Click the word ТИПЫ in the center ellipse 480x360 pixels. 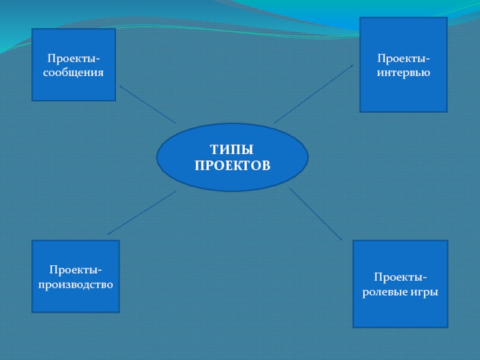coord(232,149)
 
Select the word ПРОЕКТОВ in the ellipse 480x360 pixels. coord(232,164)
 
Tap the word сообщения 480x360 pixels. coord(74,72)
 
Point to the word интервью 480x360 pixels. coord(403,73)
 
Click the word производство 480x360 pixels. coord(76,284)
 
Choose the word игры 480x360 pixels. coord(424,292)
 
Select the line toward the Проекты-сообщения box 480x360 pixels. coord(148,104)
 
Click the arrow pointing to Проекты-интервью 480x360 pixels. coord(314,94)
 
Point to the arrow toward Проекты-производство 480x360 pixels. coord(142,212)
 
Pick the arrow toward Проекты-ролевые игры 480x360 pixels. coord(315,214)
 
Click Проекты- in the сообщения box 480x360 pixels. coord(74,59)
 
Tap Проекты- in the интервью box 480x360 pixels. coord(403,59)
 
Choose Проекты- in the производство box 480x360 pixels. coord(76,271)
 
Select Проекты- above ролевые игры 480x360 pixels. coord(400,278)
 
